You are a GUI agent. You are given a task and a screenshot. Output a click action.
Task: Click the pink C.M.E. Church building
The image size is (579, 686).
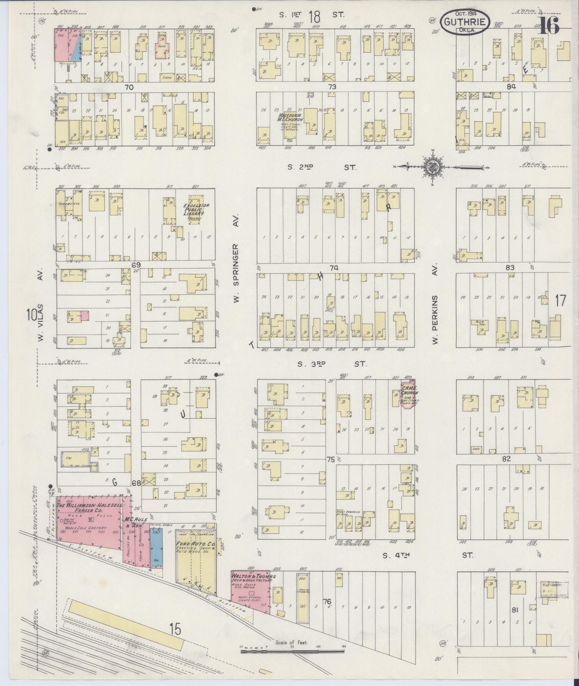(x=407, y=395)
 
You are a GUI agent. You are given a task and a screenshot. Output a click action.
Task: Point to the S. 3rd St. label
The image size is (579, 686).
(x=332, y=364)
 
